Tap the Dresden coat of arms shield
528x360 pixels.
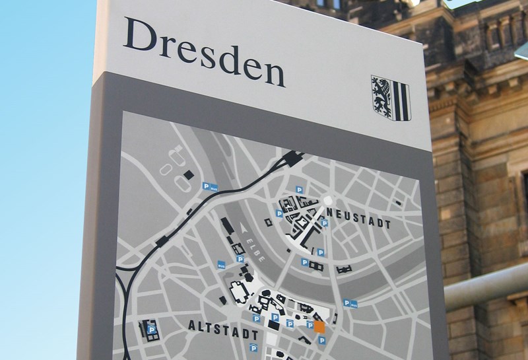(390, 97)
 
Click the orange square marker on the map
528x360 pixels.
(319, 326)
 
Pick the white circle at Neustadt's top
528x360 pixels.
(328, 201)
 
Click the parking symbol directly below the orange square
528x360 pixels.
(321, 340)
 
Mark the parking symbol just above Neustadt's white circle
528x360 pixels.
(298, 190)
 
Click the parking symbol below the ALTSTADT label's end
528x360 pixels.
(253, 348)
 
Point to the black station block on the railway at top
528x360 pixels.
(291, 158)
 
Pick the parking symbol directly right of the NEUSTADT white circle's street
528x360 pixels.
(324, 223)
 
